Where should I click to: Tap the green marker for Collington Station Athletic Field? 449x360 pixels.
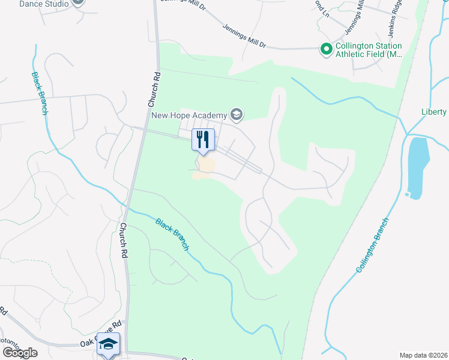click(326, 49)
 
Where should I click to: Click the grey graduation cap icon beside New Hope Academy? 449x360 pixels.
click(237, 114)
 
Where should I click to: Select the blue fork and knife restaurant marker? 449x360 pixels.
click(203, 140)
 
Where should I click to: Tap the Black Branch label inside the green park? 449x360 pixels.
click(173, 234)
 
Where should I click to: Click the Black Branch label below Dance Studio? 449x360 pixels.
click(39, 94)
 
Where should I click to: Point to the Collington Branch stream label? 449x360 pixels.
click(372, 245)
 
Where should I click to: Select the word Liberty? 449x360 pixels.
click(434, 112)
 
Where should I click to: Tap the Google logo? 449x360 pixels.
click(20, 353)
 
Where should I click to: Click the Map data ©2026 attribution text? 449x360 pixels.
click(423, 355)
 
